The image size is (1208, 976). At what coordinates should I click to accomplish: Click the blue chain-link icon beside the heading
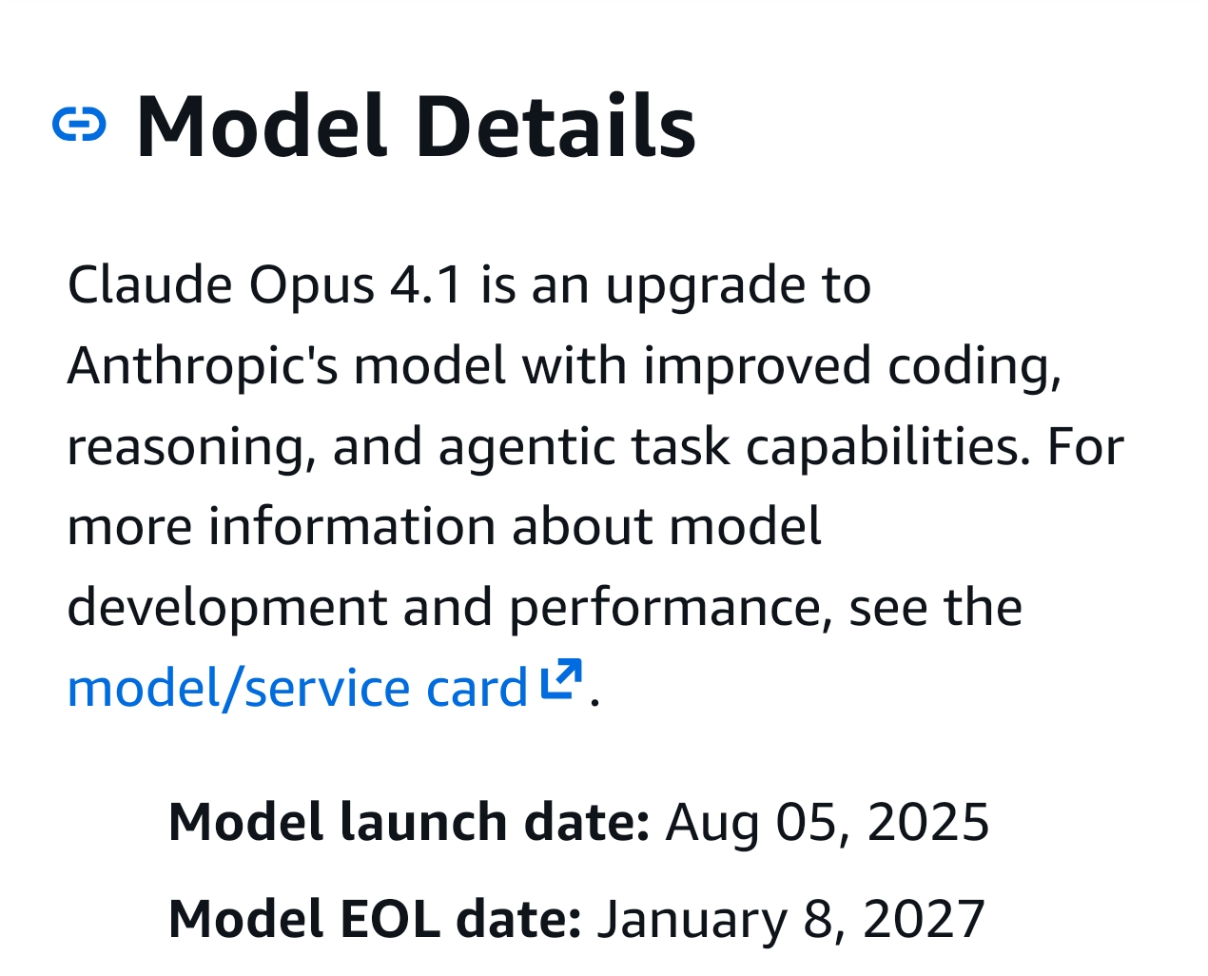tap(79, 124)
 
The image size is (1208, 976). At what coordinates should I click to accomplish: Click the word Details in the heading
tap(555, 125)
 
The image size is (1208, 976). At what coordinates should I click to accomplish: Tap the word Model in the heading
tap(262, 125)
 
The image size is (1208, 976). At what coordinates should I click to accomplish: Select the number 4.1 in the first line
tap(425, 284)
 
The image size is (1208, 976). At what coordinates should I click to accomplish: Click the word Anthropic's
tap(203, 366)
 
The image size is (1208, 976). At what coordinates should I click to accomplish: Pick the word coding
tap(974, 366)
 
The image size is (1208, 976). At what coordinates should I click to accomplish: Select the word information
tap(352, 526)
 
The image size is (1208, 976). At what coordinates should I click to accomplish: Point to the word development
tap(227, 609)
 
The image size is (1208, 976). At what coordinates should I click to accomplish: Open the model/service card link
tap(298, 689)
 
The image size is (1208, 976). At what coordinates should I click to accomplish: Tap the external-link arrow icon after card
tap(561, 678)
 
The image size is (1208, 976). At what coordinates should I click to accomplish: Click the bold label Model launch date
tap(408, 822)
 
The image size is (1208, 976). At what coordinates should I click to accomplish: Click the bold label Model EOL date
tap(375, 918)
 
